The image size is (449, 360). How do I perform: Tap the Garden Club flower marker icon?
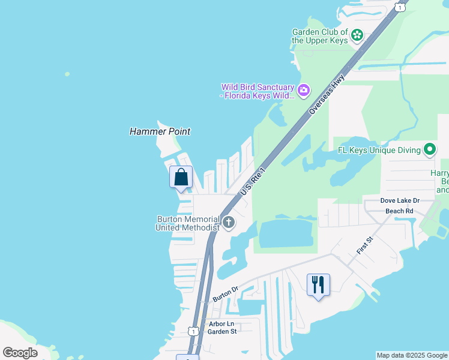tap(357, 35)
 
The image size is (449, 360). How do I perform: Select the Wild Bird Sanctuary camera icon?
tap(304, 90)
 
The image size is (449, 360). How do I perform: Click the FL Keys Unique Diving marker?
tap(430, 149)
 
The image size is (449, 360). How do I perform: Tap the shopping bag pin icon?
tap(181, 178)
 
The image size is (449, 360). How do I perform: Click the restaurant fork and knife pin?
tap(318, 284)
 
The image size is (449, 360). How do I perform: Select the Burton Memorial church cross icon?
tap(228, 223)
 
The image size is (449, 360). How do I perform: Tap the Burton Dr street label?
tap(226, 294)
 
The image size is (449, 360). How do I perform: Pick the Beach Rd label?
tap(399, 211)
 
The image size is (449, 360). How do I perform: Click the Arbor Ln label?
tap(221, 323)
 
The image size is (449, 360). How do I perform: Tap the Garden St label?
tap(222, 331)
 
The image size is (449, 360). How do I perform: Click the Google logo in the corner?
tap(20, 353)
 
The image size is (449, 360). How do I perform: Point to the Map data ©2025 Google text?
tap(412, 355)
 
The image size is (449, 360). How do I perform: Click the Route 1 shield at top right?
tap(399, 7)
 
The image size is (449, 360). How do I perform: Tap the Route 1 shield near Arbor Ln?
tap(193, 331)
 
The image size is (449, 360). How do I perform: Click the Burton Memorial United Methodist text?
tap(187, 223)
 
